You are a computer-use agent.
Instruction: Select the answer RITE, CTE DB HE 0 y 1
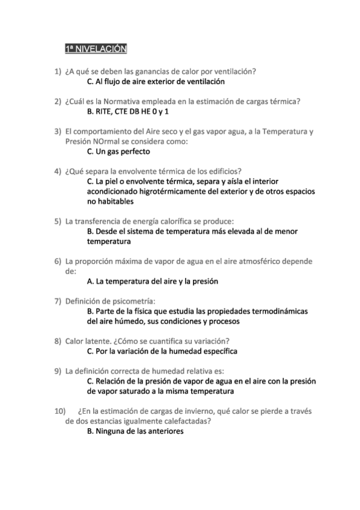click(x=128, y=111)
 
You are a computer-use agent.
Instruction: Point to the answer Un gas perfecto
click(x=118, y=152)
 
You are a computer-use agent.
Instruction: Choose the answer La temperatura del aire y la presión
click(x=153, y=281)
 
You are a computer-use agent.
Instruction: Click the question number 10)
click(x=60, y=411)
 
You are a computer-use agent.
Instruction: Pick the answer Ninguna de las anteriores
click(x=135, y=431)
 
